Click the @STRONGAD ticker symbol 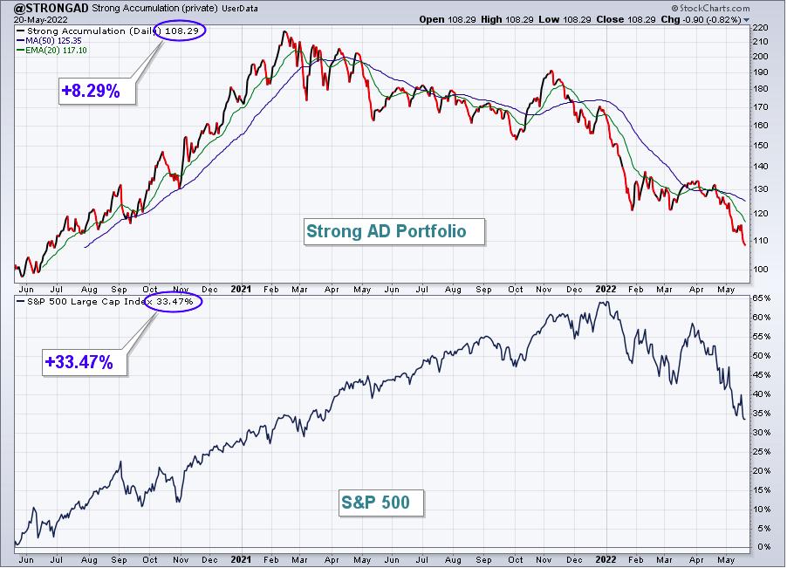pyautogui.click(x=51, y=8)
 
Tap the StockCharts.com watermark pyautogui.click(x=711, y=8)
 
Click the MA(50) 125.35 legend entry pyautogui.click(x=49, y=41)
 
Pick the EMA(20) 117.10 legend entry pyautogui.click(x=51, y=51)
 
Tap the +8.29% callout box pyautogui.click(x=98, y=91)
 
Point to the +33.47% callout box pyautogui.click(x=85, y=362)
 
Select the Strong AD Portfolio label pyautogui.click(x=394, y=231)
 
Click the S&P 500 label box pyautogui.click(x=382, y=503)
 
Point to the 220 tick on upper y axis pyautogui.click(x=761, y=28)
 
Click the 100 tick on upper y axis pyautogui.click(x=761, y=269)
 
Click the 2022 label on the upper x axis pyautogui.click(x=606, y=289)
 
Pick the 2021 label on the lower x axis pyautogui.click(x=241, y=559)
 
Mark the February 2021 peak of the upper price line pyautogui.click(x=284, y=31)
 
